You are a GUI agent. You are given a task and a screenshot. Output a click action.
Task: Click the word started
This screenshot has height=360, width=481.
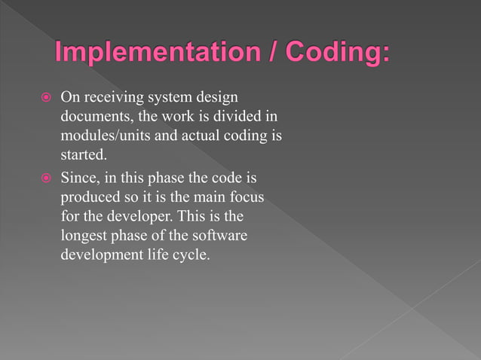tap(83, 156)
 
